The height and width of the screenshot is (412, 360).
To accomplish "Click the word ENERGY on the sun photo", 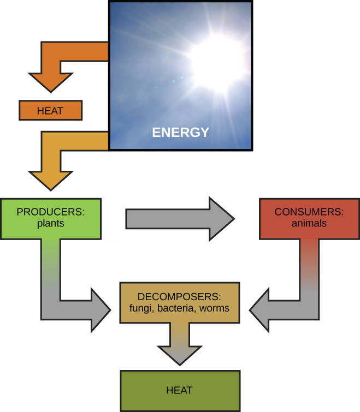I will tap(180, 133).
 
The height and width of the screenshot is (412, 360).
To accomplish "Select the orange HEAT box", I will tap(50, 111).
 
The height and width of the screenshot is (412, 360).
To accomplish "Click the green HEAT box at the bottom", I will tap(180, 391).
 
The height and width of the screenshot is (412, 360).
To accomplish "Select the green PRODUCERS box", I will tap(51, 218).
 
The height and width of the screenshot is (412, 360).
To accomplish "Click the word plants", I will tap(51, 224).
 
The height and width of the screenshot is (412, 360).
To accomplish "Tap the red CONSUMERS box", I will tap(309, 218).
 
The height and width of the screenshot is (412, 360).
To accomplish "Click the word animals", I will tap(309, 224).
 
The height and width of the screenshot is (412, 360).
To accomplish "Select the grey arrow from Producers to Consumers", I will tap(180, 219).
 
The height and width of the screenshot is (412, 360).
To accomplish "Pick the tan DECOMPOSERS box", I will tap(179, 303).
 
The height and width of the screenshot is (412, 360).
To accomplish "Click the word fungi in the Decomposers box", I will tap(140, 308).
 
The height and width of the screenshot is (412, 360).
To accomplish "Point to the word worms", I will tap(214, 308).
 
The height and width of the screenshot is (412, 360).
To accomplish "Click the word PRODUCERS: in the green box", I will tap(51, 212).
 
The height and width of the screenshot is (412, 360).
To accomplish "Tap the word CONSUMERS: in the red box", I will tap(309, 212).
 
